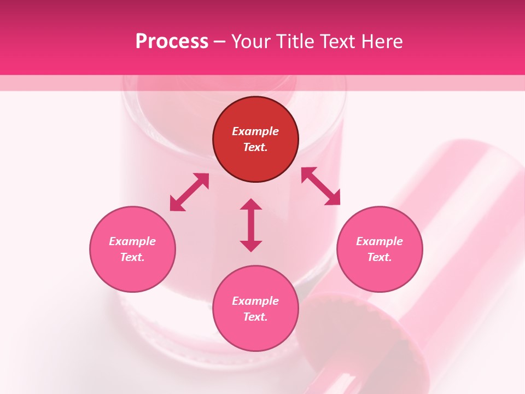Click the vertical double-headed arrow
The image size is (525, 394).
[251, 225]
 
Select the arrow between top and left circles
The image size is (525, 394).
[189, 192]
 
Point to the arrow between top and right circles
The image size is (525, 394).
[320, 186]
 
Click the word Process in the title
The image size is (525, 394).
[172, 41]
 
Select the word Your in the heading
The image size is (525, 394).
[251, 41]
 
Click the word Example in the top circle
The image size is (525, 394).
[255, 131]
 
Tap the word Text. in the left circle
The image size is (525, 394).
[132, 257]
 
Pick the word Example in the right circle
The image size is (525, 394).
[380, 241]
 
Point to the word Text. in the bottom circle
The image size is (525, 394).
[255, 317]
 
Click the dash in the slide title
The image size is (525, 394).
[220, 42]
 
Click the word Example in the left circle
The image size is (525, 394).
[132, 241]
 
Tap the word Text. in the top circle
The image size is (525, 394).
[255, 147]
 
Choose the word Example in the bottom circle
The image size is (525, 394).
[255, 301]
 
